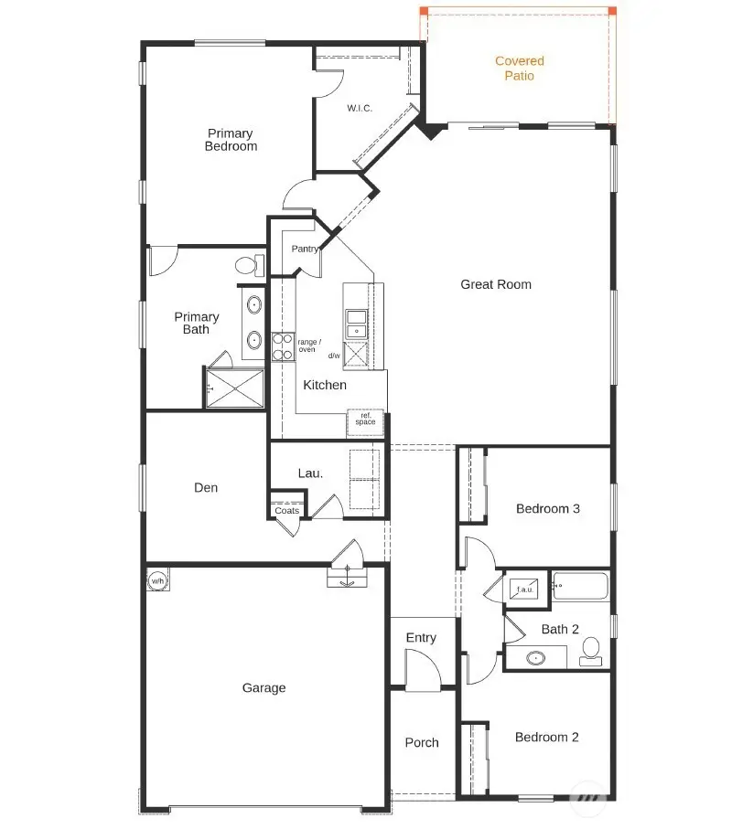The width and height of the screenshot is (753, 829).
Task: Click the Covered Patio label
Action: [x=519, y=69]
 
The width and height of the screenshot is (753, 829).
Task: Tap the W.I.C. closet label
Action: [x=360, y=108]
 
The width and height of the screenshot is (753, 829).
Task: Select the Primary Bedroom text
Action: [x=231, y=140]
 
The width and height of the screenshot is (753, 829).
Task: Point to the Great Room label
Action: [x=495, y=284]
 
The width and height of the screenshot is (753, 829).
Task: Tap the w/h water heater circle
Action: [x=156, y=580]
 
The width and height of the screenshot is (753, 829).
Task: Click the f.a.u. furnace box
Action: [x=526, y=590]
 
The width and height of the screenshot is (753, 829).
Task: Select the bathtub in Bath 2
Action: [x=581, y=587]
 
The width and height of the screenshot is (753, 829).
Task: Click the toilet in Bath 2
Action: [x=590, y=650]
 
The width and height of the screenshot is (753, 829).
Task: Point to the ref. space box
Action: [x=365, y=420]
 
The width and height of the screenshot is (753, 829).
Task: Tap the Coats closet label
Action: [x=287, y=511]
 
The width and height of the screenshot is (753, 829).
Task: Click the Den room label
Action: [x=206, y=488]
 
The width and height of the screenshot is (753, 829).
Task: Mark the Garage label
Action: [x=264, y=688]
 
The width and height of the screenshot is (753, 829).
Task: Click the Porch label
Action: [x=422, y=743]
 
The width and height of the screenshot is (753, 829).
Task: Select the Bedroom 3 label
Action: [x=547, y=509]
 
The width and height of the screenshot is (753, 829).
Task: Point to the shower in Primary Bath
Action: [x=234, y=388]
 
